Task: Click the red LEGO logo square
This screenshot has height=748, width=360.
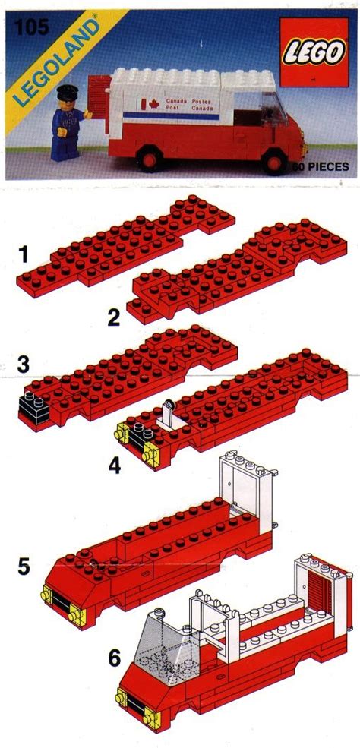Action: [314, 52]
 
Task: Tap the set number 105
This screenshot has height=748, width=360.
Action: [32, 27]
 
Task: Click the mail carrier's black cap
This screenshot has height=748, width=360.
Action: [68, 90]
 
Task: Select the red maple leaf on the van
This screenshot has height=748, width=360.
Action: [153, 103]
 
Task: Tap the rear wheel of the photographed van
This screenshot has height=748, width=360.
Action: [151, 159]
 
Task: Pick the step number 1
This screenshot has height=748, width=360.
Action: [24, 256]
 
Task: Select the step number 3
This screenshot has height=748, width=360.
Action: [24, 365]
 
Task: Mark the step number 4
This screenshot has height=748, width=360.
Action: [115, 466]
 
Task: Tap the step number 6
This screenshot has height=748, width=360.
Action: [115, 659]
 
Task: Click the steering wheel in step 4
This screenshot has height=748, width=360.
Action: [169, 405]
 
